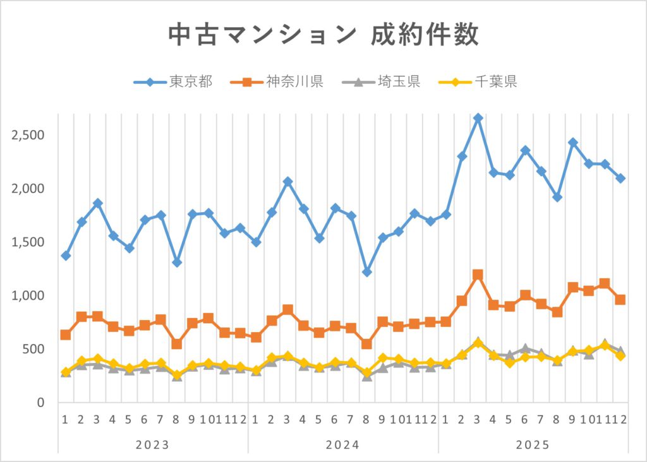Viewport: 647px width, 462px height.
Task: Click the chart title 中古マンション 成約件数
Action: [323, 35]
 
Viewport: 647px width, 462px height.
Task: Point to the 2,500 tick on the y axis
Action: [27, 135]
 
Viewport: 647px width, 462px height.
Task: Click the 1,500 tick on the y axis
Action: [27, 242]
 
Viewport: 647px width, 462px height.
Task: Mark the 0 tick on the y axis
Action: [39, 403]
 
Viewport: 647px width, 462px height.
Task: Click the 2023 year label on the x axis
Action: [152, 444]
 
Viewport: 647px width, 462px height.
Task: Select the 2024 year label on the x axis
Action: [342, 444]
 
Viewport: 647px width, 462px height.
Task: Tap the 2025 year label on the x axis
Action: [533, 444]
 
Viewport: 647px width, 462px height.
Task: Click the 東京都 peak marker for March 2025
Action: [478, 118]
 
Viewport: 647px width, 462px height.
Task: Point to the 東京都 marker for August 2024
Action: [366, 272]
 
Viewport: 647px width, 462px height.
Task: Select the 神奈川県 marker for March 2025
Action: [478, 275]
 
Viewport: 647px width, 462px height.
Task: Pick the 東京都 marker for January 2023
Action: [66, 256]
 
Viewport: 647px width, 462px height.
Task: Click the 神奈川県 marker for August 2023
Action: [176, 344]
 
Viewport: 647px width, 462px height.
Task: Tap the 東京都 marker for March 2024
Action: [287, 182]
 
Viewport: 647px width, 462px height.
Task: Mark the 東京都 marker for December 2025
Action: [620, 179]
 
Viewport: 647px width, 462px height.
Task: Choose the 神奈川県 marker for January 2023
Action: [66, 335]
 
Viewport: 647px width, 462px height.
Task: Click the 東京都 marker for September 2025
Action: [572, 143]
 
